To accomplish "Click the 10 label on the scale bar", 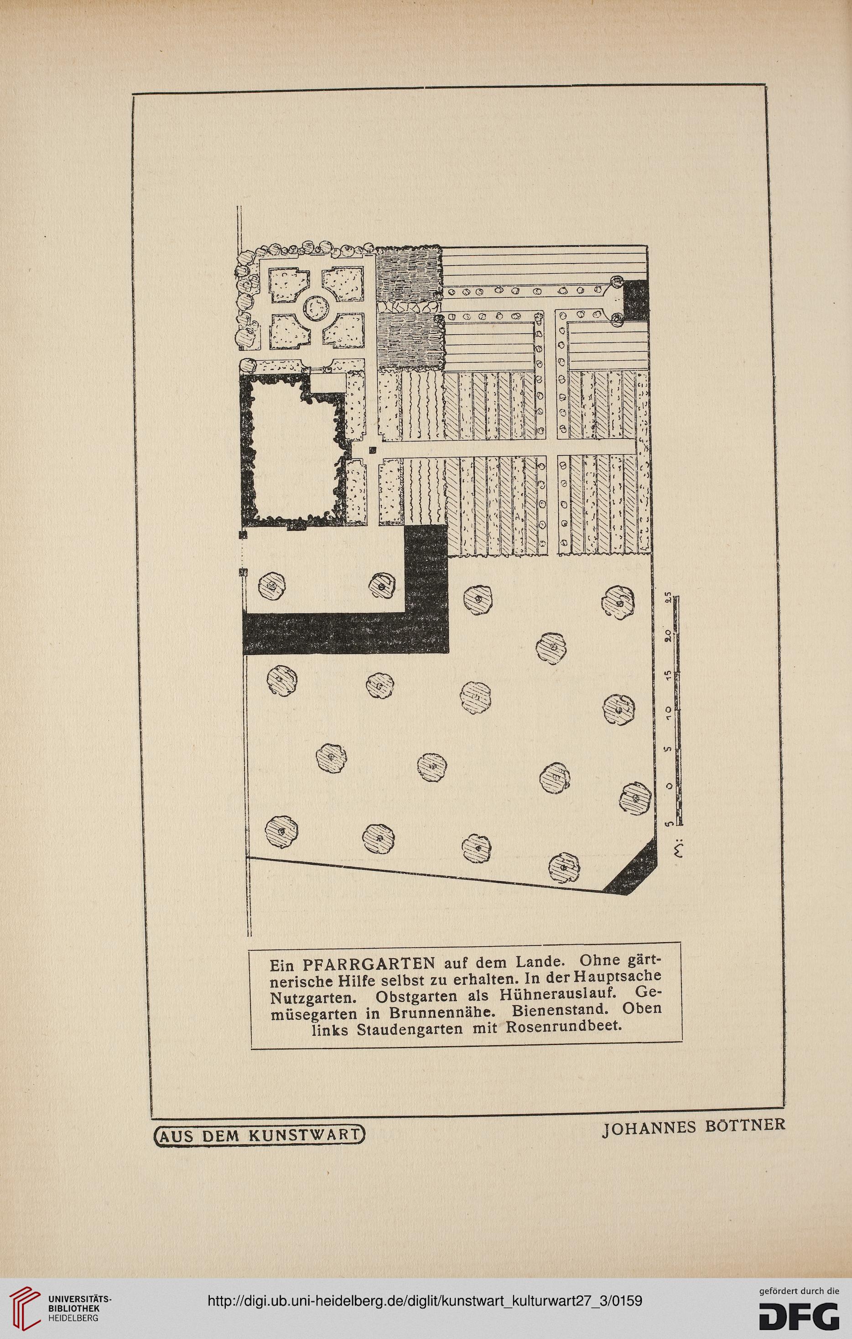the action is [x=670, y=712].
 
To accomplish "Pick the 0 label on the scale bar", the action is [x=670, y=786].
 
